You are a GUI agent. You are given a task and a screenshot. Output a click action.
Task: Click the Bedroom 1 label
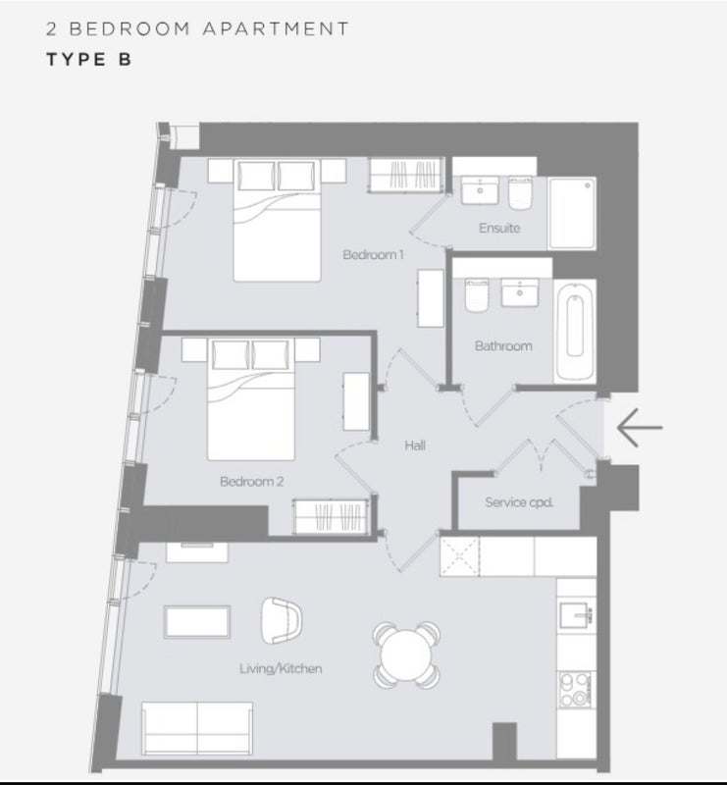pos(373,255)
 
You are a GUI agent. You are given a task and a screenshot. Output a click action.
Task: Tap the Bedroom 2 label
pos(252,482)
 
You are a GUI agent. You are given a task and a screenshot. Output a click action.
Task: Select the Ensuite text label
pos(499,229)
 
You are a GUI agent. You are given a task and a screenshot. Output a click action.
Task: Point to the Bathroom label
pos(503,346)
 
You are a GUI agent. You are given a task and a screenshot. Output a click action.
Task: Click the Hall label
pos(415,445)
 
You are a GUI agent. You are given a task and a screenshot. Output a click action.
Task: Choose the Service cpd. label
pos(519,502)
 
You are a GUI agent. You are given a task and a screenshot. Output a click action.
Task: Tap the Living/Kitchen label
pos(281,669)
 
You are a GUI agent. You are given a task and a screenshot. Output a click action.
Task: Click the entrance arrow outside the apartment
pos(640,428)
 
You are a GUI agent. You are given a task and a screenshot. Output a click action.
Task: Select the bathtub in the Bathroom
pos(575,332)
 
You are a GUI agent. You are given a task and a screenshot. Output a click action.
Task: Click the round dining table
pos(406,655)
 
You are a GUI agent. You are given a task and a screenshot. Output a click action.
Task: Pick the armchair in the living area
pos(282,620)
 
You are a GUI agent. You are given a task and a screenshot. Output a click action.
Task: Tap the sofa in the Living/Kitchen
pos(197,728)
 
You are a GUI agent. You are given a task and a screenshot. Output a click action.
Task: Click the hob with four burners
pos(574,690)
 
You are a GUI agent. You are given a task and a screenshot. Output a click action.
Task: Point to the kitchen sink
pos(576,615)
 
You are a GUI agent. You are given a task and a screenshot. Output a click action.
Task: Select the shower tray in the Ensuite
pos(572,213)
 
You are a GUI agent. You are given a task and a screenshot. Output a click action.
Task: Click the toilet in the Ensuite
pos(520,192)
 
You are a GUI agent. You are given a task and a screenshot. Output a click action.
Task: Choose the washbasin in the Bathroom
pos(520,292)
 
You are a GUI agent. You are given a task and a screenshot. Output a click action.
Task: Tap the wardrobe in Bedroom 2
pos(332,517)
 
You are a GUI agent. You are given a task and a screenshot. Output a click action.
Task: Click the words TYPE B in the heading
pos(89,60)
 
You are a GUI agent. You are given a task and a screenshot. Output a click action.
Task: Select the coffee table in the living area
pos(197,622)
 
